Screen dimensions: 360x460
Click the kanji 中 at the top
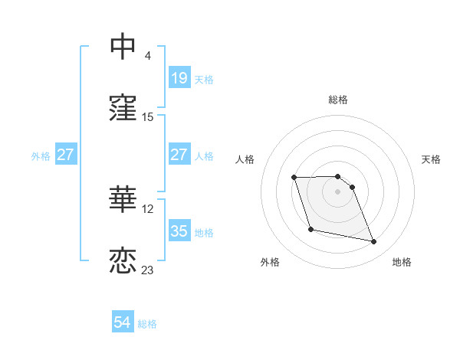pos(123,47)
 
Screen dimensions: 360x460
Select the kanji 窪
pos(123,109)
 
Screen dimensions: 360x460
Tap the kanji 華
pos(123,199)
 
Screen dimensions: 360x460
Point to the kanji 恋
pos(123,260)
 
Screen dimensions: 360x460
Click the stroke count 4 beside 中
pos(148,55)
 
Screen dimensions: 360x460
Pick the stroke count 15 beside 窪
pos(148,117)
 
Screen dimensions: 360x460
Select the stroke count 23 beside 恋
pos(148,270)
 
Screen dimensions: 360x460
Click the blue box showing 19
pos(179,77)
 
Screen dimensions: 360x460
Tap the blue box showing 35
pos(179,231)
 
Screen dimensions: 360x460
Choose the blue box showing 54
pos(123,322)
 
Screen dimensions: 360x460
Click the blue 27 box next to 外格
pos(66,155)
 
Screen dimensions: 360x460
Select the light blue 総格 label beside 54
pos(147,324)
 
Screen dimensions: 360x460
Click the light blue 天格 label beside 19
pos(204,79)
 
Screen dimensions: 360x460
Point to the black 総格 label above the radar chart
pos(338,100)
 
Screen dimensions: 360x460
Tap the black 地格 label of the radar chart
pos(402,263)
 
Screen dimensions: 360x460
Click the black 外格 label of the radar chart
pos(270,263)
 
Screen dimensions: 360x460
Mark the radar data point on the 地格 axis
pos(374,242)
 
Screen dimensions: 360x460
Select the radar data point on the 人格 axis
pos(294,178)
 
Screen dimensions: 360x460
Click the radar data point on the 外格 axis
pos(310,229)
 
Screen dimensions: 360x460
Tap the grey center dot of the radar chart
pos(337,191)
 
